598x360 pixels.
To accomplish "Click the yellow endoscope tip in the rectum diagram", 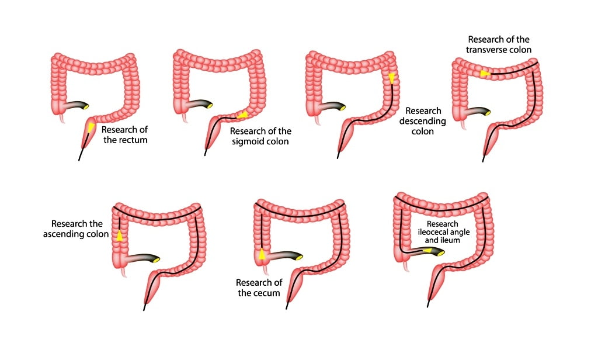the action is tap(91, 127).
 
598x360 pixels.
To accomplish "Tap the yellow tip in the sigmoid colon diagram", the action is tap(242, 115).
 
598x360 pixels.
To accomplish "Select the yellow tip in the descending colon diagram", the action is tap(391, 78).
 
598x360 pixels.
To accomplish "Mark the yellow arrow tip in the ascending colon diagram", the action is tap(120, 236).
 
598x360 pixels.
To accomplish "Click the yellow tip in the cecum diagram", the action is tap(262, 254).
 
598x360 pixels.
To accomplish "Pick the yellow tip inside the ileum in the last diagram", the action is tap(428, 251).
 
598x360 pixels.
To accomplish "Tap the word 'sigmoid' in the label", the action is tap(248, 141).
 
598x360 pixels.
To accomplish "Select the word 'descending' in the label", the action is tap(423, 121).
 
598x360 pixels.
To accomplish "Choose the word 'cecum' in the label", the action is tap(269, 293).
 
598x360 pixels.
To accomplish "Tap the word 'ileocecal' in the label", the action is tap(433, 232).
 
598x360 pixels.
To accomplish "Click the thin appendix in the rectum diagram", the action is tap(62, 119).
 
